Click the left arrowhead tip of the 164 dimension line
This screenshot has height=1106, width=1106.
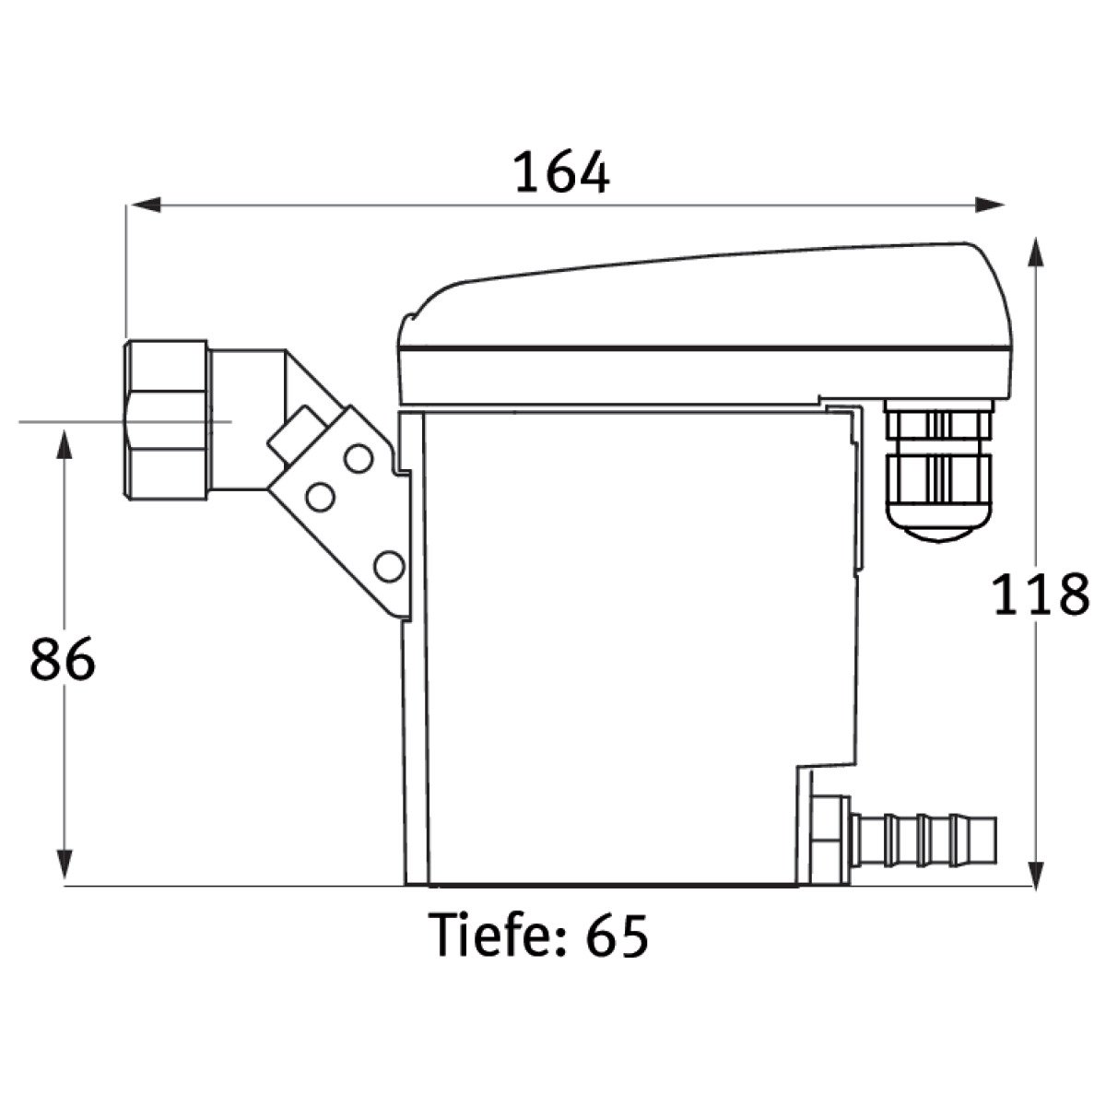point(132,205)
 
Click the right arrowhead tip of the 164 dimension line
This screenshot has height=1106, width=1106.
point(1005,205)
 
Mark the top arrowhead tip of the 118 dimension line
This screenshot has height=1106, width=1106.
point(1035,238)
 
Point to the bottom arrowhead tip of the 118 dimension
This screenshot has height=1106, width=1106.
point(1035,891)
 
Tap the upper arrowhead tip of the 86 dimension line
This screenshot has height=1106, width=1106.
point(65,430)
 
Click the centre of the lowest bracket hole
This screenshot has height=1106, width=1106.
point(389,567)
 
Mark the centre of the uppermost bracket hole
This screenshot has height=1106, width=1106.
point(359,459)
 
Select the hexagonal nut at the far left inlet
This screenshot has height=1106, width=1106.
point(165,420)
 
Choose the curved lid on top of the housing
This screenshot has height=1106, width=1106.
point(705,324)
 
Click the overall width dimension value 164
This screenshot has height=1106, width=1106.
point(562,172)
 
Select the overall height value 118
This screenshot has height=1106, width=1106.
point(1040,594)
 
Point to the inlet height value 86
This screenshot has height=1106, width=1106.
point(63,659)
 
